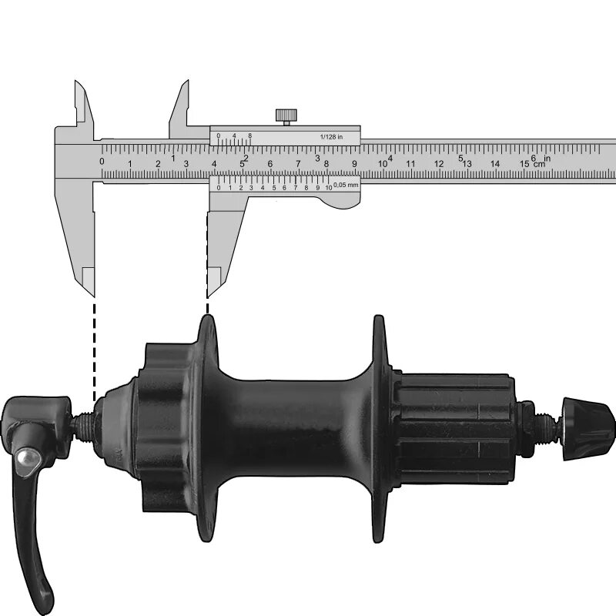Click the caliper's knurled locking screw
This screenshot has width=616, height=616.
pyautogui.click(x=286, y=116)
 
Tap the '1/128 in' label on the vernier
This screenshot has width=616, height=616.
pyautogui.click(x=331, y=137)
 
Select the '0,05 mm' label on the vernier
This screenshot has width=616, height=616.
pyautogui.click(x=346, y=185)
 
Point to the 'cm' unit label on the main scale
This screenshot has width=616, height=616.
pyautogui.click(x=540, y=164)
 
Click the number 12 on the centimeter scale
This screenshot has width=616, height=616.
pyautogui.click(x=439, y=164)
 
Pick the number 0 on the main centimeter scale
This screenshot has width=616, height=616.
pyautogui.click(x=102, y=161)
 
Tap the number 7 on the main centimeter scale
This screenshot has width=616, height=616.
pyautogui.click(x=298, y=163)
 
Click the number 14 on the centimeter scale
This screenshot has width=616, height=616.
pyautogui.click(x=495, y=164)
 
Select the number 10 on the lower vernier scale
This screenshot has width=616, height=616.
pyautogui.click(x=329, y=188)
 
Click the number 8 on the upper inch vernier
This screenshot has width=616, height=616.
pyautogui.click(x=249, y=136)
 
